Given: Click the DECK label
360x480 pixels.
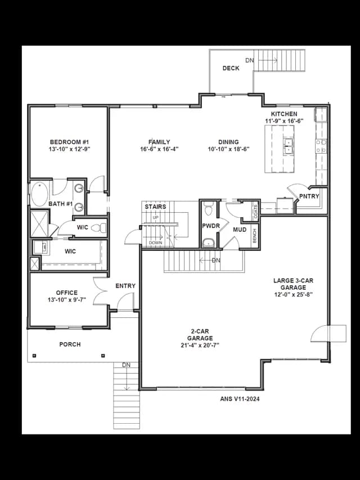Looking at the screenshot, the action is [x=231, y=68].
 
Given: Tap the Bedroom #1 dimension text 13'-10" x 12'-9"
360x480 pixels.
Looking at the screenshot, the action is [x=69, y=149].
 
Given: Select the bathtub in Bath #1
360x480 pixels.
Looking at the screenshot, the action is [x=39, y=194].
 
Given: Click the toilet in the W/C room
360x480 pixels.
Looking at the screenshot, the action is [x=99, y=228].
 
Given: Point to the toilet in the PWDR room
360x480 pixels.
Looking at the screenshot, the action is [x=209, y=208].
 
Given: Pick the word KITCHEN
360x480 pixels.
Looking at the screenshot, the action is [x=283, y=114].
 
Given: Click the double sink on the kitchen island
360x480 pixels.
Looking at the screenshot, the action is [x=288, y=146].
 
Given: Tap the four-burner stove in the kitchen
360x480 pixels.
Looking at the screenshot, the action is [x=321, y=146].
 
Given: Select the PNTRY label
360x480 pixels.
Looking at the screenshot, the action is [x=309, y=196].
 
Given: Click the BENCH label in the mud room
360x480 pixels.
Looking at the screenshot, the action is [x=255, y=235].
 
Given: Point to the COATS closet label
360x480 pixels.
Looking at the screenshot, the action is [x=255, y=211].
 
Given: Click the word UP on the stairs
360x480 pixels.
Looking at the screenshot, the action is [x=155, y=217].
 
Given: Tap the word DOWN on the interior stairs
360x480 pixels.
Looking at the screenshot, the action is [x=155, y=243].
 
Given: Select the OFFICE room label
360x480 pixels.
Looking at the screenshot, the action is [x=67, y=293].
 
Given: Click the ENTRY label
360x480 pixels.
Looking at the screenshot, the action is [x=125, y=286].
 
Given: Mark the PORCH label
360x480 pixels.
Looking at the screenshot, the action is [x=70, y=344].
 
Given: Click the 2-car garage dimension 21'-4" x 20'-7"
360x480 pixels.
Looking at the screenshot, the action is [x=200, y=346].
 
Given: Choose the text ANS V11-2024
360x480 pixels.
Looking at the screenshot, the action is [x=240, y=399].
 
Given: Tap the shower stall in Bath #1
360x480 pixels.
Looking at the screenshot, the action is [x=39, y=223].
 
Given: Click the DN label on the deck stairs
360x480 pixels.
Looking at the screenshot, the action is [x=250, y=60].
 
